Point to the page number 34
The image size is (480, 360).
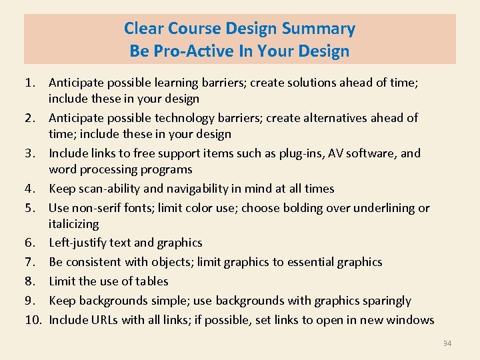[x=447, y=343]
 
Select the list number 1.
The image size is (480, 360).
[x=29, y=83]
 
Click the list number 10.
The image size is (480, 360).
[x=33, y=320]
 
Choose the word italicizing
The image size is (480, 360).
[x=73, y=224]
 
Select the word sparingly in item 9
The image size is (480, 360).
[x=384, y=301]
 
